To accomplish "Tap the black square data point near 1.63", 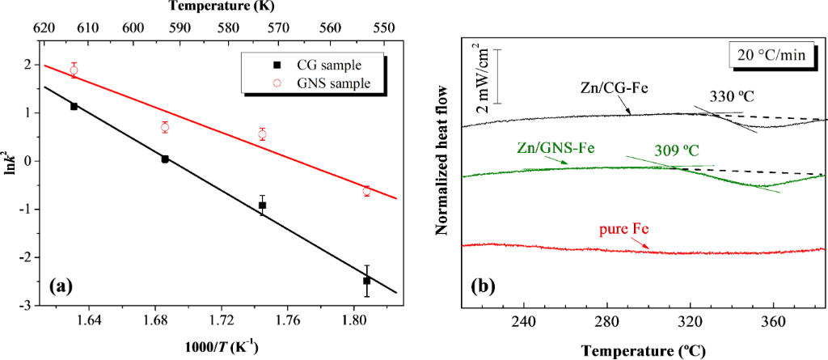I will pyautogui.click(x=74, y=106).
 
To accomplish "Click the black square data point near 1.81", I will pyautogui.click(x=367, y=281).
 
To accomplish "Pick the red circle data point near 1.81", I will pyautogui.click(x=367, y=191).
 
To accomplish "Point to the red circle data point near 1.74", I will pyautogui.click(x=262, y=134).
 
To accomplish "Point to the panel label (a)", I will pyautogui.click(x=64, y=286).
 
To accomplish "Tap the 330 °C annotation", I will pyautogui.click(x=732, y=96).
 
